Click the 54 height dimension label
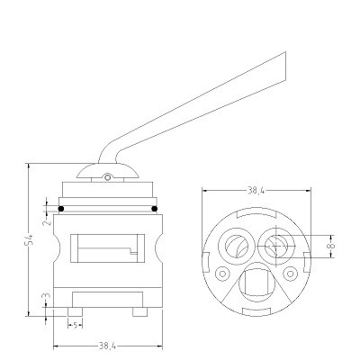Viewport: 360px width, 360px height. pyautogui.click(x=30, y=239)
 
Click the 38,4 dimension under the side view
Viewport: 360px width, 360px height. pyautogui.click(x=107, y=346)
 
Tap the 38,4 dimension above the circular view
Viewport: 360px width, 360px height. pyautogui.click(x=256, y=191)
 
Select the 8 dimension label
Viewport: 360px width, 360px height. pyautogui.click(x=330, y=246)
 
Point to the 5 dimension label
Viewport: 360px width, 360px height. pyautogui.click(x=76, y=325)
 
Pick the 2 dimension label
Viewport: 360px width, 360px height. pyautogui.click(x=47, y=222)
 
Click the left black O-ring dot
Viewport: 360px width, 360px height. pyautogui.click(x=61, y=209)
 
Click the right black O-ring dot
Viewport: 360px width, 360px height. pyautogui.click(x=155, y=209)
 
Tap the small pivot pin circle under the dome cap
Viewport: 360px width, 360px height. pyautogui.click(x=107, y=178)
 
